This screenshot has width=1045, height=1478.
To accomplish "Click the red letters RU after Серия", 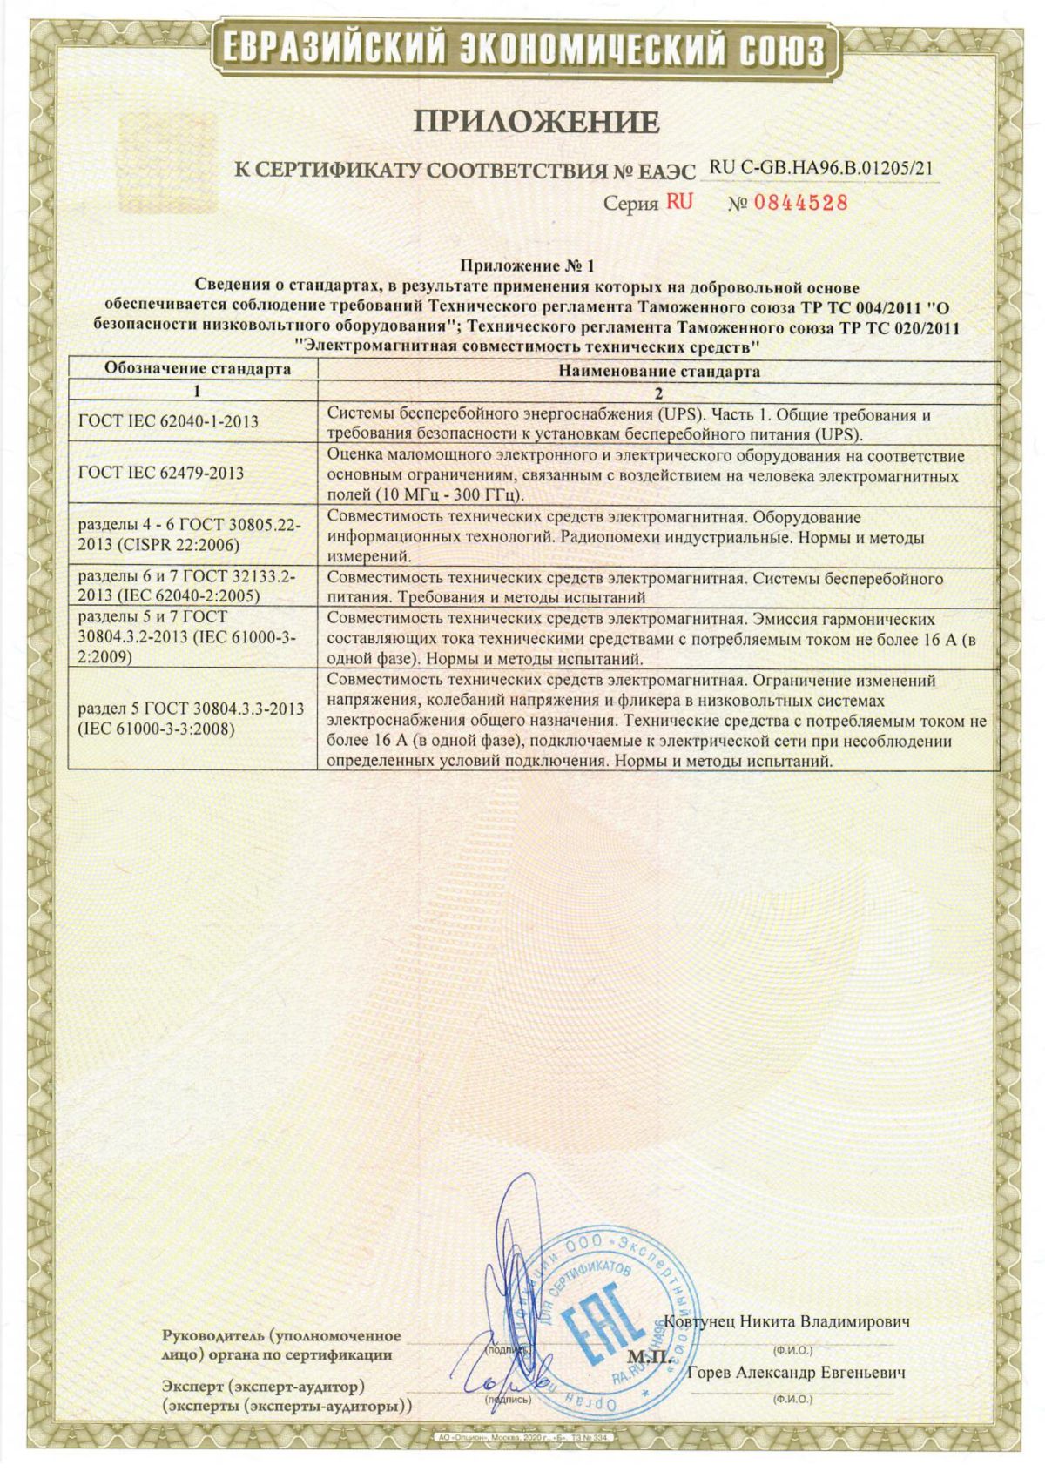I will pyautogui.click(x=679, y=202).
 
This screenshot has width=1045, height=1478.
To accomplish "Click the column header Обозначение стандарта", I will pyautogui.click(x=198, y=368).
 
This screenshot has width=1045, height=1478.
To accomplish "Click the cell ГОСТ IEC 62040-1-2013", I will pyautogui.click(x=168, y=421).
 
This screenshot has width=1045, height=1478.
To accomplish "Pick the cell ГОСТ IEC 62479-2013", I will pyautogui.click(x=161, y=473).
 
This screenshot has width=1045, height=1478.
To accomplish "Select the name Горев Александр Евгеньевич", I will pyautogui.click(x=796, y=1373).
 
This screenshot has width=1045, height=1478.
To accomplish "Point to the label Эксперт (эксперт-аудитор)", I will pyautogui.click(x=263, y=1385).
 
